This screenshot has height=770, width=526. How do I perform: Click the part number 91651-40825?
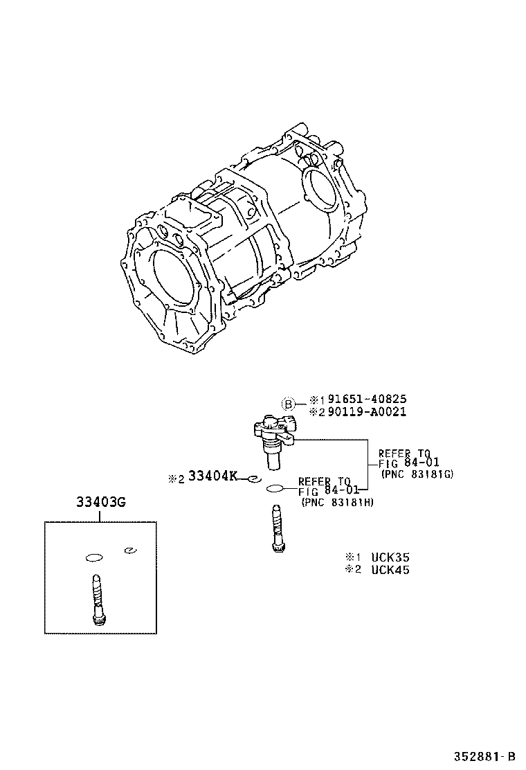[367, 399]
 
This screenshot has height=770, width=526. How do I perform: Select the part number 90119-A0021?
[367, 411]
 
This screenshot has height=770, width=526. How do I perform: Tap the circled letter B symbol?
[288, 404]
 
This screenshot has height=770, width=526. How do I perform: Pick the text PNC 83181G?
[416, 474]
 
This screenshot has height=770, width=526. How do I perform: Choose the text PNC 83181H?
[337, 502]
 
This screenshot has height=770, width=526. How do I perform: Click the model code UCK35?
[390, 557]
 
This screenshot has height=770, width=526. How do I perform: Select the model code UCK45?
[390, 570]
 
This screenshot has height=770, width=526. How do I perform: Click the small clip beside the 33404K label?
[253, 478]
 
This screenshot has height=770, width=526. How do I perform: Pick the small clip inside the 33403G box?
[128, 550]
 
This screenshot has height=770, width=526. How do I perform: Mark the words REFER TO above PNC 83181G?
[403, 454]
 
